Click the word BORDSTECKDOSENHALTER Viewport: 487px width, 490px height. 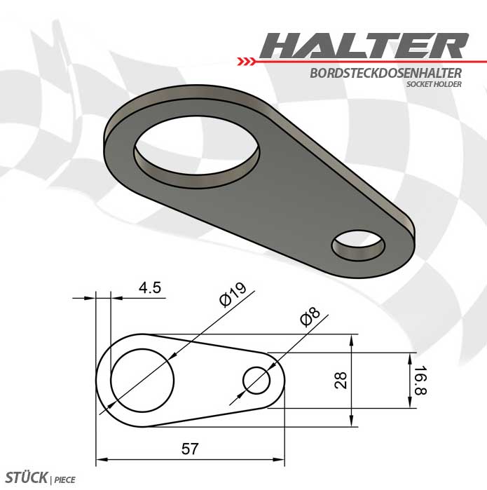tap(385, 73)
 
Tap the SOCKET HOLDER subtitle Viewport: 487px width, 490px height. tap(434, 84)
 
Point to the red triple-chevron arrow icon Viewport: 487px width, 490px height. tap(246, 62)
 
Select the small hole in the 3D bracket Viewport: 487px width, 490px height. tap(358, 245)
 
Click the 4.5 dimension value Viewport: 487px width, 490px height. tap(150, 287)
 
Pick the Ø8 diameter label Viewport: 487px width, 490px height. tap(310, 317)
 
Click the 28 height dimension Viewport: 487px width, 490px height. tap(341, 380)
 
